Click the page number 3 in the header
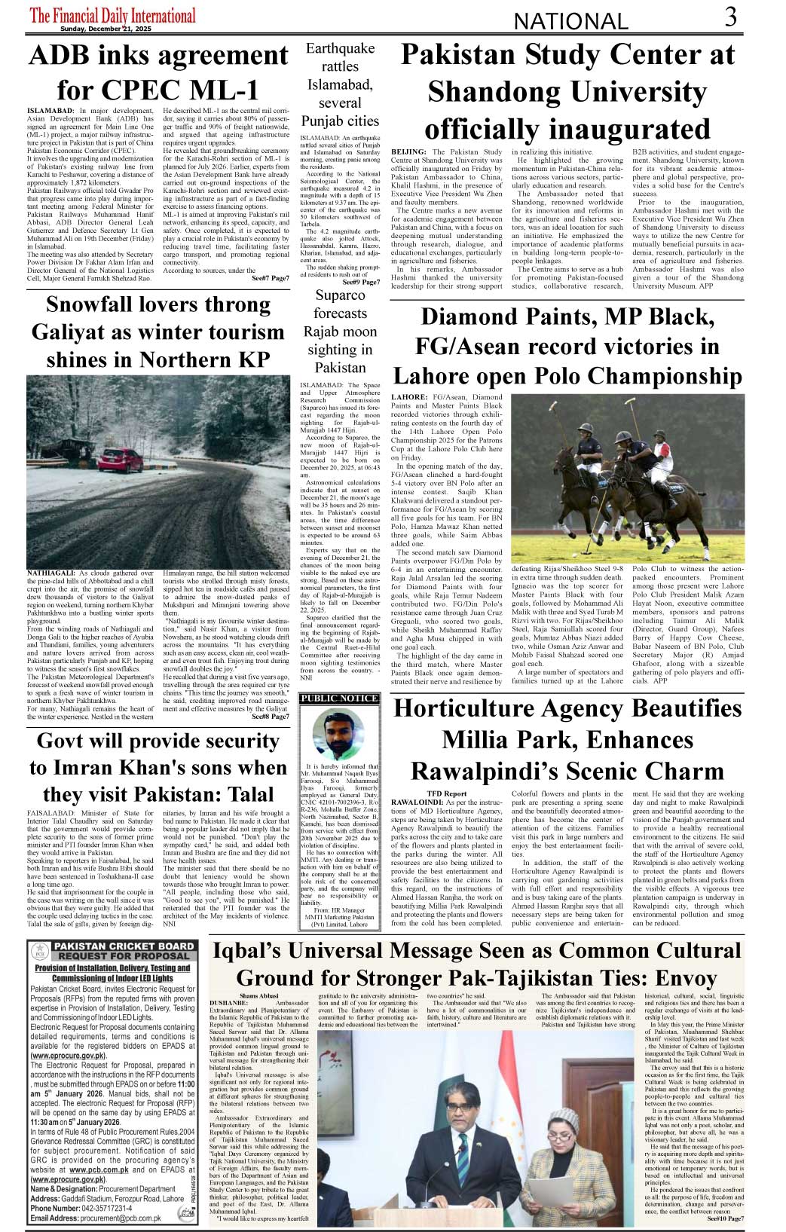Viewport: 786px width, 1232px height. tap(731, 17)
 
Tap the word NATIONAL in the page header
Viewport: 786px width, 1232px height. tap(570, 22)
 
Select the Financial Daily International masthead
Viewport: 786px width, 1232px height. tap(113, 15)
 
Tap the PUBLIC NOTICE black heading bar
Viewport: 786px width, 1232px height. tap(339, 699)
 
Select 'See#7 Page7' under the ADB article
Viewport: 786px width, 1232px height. tap(270, 279)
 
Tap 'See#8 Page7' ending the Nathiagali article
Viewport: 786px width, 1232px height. tap(270, 717)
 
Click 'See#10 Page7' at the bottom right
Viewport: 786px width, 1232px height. tap(725, 1218)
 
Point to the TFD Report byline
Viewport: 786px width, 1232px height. tap(446, 794)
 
